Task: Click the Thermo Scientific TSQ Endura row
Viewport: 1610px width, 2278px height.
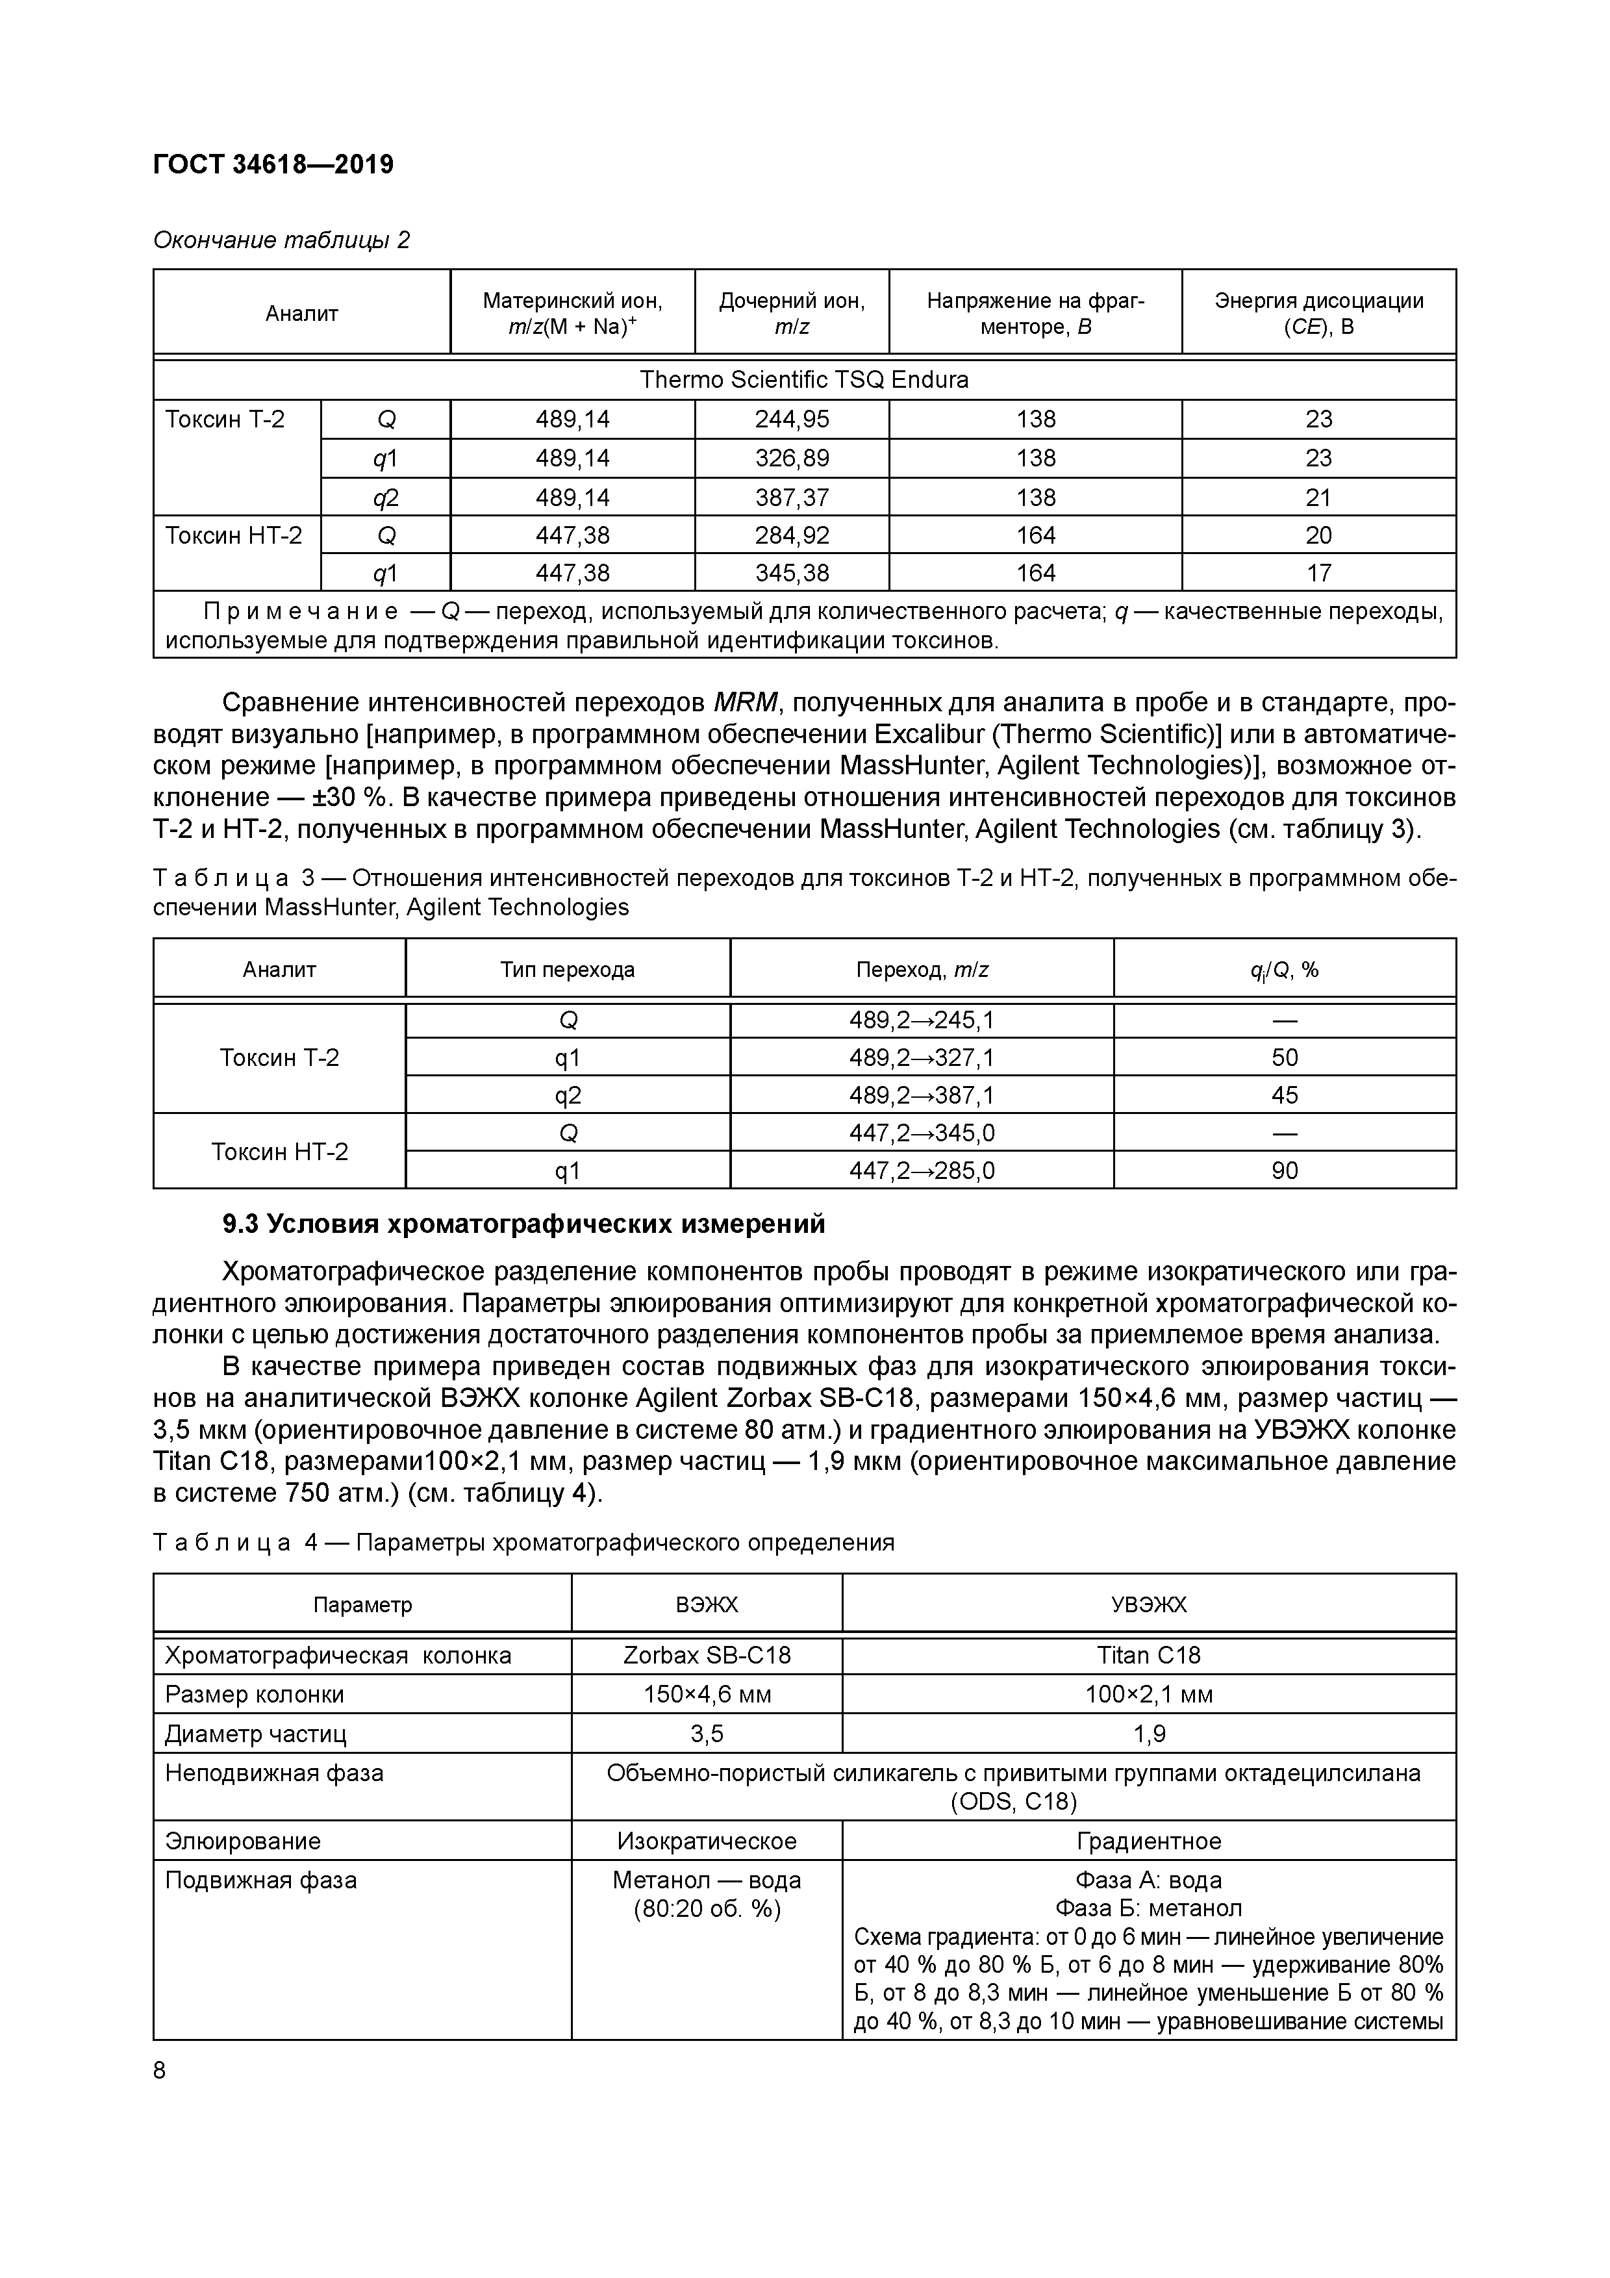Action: tap(803, 380)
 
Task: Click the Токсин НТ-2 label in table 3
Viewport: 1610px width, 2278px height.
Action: tap(280, 1152)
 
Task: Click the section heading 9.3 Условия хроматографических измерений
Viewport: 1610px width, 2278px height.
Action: tap(523, 1224)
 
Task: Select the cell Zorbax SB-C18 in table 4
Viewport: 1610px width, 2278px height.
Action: tap(707, 1655)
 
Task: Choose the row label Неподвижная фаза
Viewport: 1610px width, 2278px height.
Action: tap(274, 1773)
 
